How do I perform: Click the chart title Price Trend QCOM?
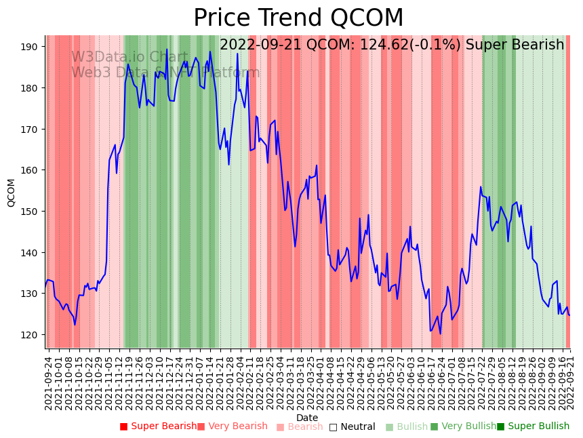tap(298, 18)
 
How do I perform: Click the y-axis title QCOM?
tap(11, 193)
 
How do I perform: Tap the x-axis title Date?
tap(307, 418)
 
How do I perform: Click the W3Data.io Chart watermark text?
tap(129, 58)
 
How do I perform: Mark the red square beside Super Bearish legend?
tap(123, 426)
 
